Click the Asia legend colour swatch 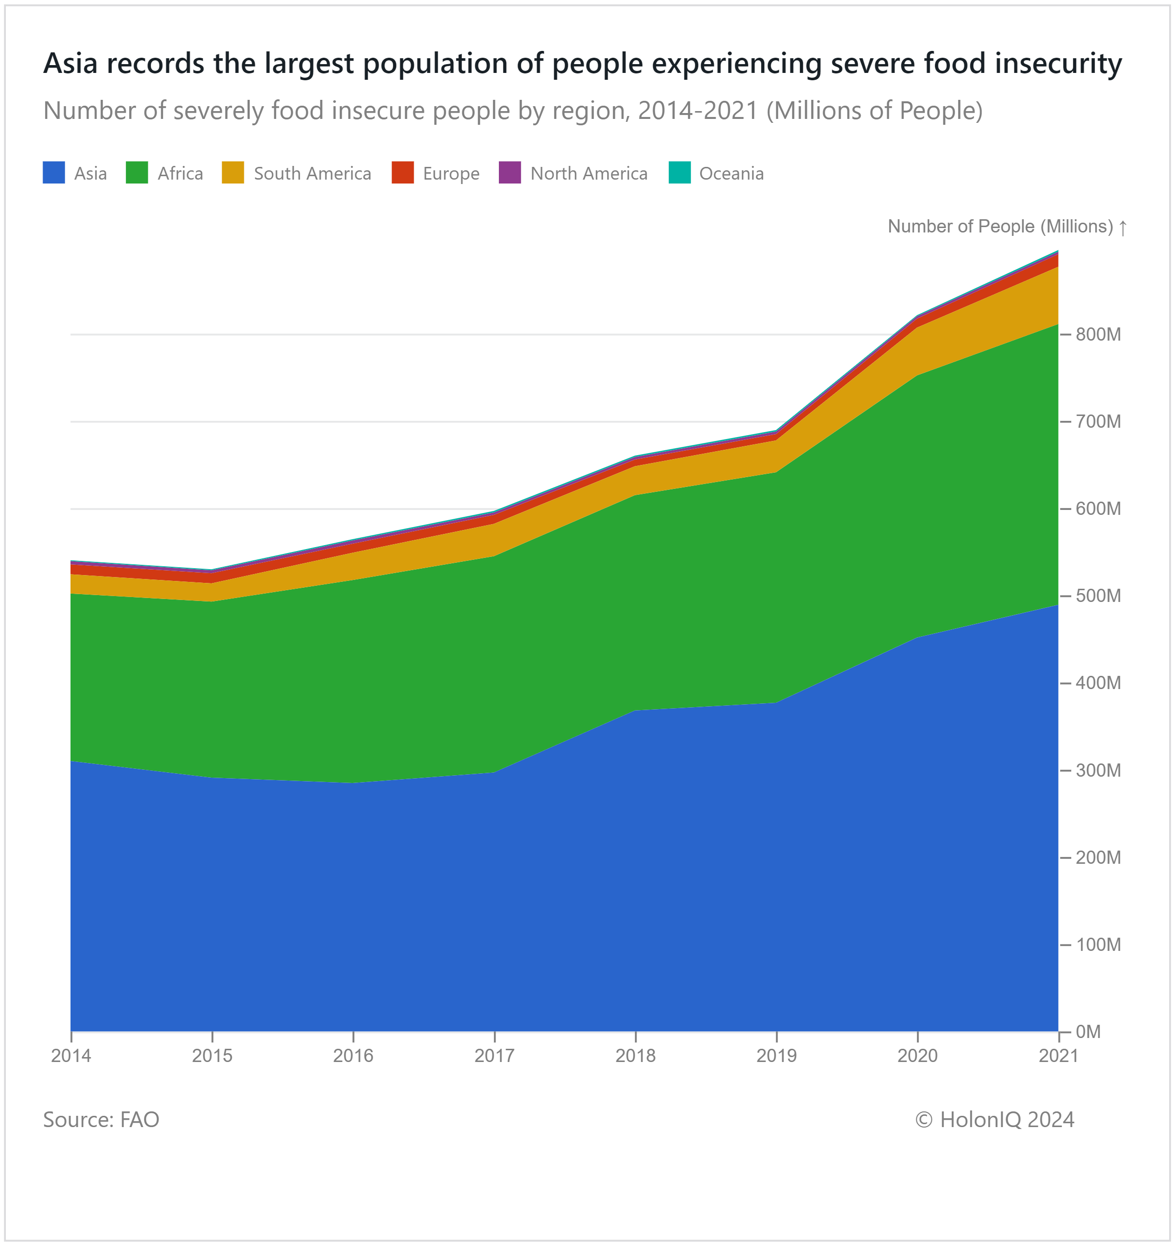pyautogui.click(x=53, y=172)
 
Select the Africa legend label pyautogui.click(x=180, y=174)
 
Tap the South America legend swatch pyautogui.click(x=233, y=172)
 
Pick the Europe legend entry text pyautogui.click(x=451, y=174)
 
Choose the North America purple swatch pyautogui.click(x=509, y=172)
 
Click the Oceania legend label pyautogui.click(x=731, y=174)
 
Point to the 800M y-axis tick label pyautogui.click(x=1098, y=335)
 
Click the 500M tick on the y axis pyautogui.click(x=1098, y=596)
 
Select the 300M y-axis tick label pyautogui.click(x=1098, y=770)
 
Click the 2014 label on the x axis pyautogui.click(x=71, y=1056)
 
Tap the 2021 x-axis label pyautogui.click(x=1058, y=1056)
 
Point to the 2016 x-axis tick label pyautogui.click(x=353, y=1056)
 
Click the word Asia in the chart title pyautogui.click(x=70, y=63)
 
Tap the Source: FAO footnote pyautogui.click(x=101, y=1119)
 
